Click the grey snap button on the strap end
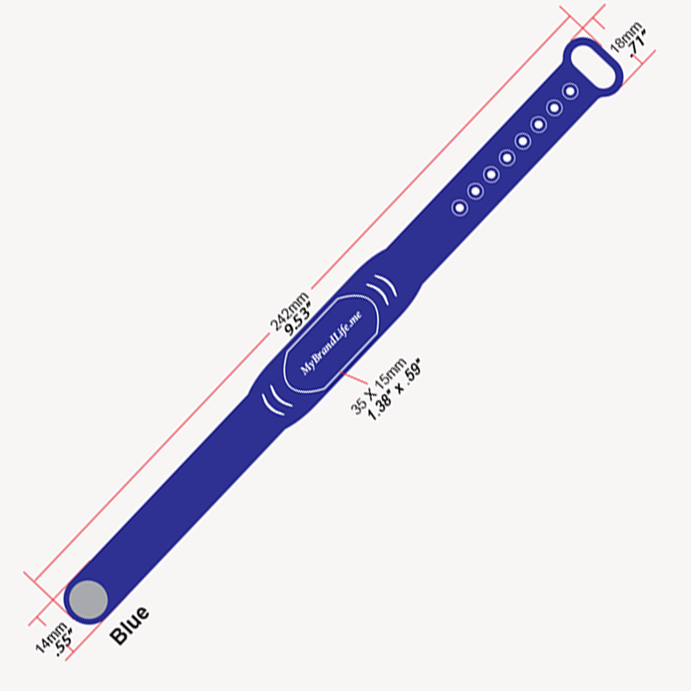(x=88, y=600)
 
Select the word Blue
(x=129, y=625)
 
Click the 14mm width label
(x=49, y=637)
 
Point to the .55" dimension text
(x=62, y=645)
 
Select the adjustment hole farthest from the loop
(x=459, y=207)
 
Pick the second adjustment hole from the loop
(x=554, y=108)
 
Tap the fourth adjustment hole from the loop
(x=523, y=141)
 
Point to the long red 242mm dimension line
(x=192, y=416)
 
